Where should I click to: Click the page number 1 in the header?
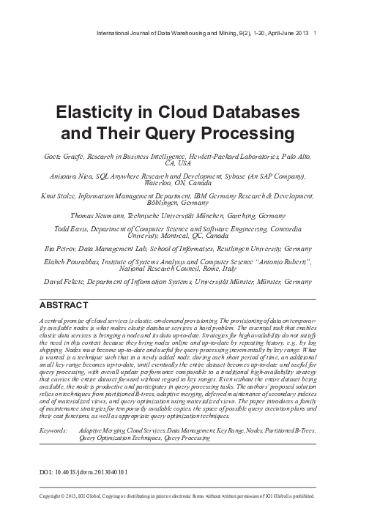click(315, 33)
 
